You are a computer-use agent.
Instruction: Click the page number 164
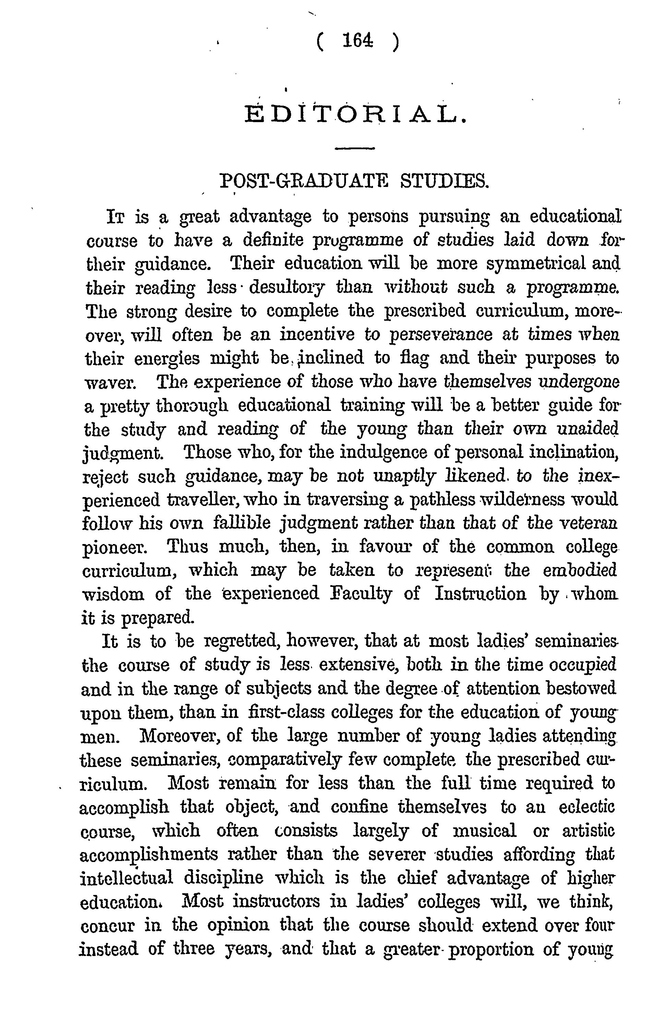click(358, 41)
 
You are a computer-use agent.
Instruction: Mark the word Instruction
click(480, 594)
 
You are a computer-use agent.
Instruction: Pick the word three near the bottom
click(194, 948)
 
